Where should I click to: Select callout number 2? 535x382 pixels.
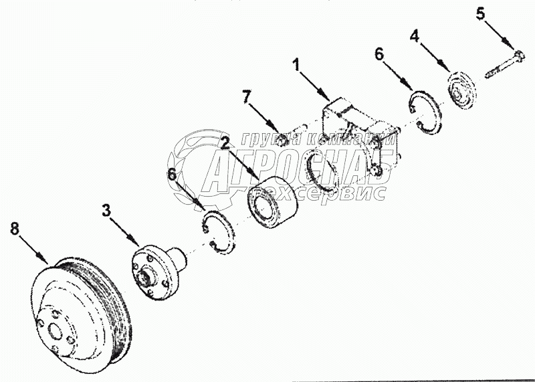click(227, 142)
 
